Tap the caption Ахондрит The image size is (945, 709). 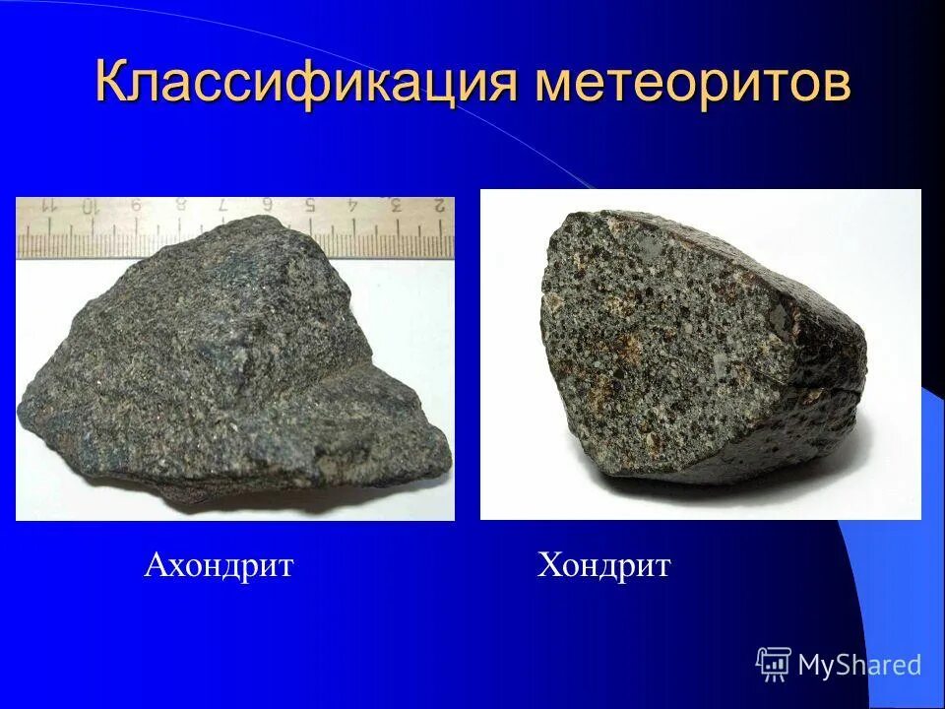pyautogui.click(x=219, y=566)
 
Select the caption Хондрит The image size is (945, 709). pyautogui.click(x=603, y=566)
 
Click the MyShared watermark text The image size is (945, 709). pyautogui.click(x=859, y=665)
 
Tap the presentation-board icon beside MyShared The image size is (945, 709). pyautogui.click(x=774, y=665)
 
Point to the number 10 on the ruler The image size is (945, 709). pyautogui.click(x=91, y=207)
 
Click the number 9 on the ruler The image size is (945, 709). pyautogui.click(x=135, y=207)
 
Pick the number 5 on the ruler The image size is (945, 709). pyautogui.click(x=309, y=207)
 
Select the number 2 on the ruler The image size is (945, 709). pyautogui.click(x=439, y=207)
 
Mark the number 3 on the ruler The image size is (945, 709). pyautogui.click(x=396, y=207)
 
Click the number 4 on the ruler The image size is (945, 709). pyautogui.click(x=352, y=207)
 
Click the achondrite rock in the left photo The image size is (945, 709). pyautogui.click(x=226, y=364)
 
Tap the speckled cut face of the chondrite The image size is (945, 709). pyautogui.click(x=650, y=335)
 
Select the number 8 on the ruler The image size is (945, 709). pyautogui.click(x=180, y=207)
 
